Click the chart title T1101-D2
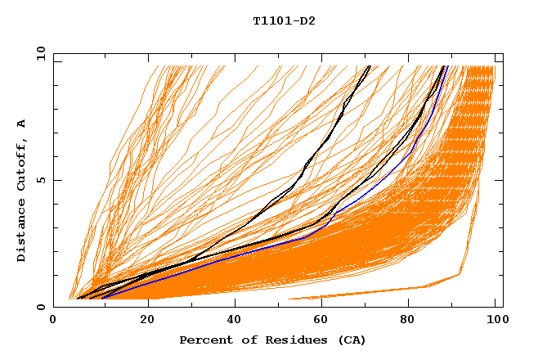[284, 21]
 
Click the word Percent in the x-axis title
[204, 340]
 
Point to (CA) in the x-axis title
[350, 340]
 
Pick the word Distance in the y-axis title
[22, 231]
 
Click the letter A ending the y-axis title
[22, 124]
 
